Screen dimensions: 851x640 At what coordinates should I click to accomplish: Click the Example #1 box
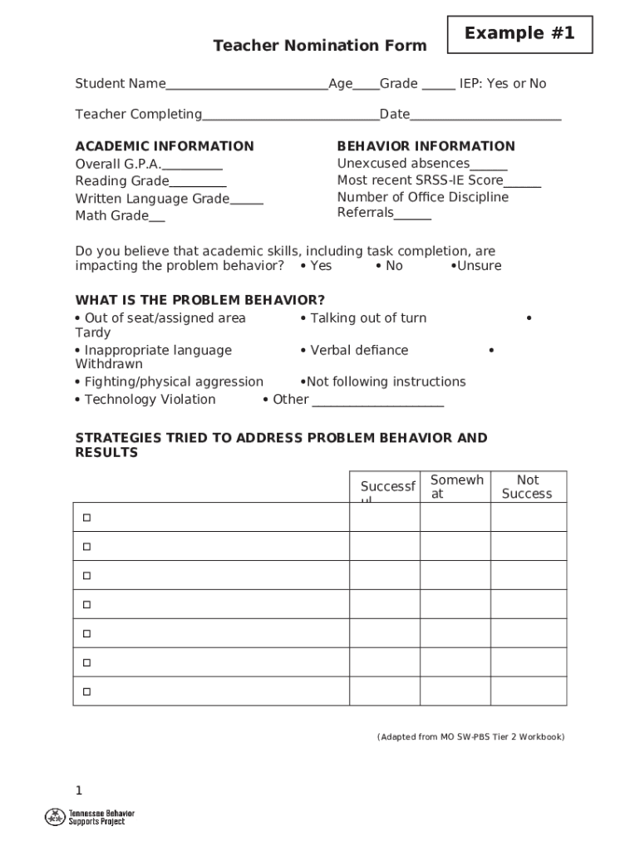pos(519,34)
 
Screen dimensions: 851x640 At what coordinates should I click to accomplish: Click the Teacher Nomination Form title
pos(319,46)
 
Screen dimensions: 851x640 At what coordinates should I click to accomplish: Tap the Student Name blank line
pos(246,85)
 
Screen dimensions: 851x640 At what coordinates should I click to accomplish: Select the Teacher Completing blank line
pos(290,116)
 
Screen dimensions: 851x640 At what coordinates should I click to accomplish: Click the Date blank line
pos(485,116)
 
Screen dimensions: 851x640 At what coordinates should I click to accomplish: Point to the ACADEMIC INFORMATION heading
pos(165,146)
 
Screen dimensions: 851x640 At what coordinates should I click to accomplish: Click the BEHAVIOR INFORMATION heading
pos(426,146)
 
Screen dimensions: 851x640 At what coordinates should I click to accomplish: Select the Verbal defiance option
pos(355,351)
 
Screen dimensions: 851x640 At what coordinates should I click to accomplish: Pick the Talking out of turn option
pos(364,318)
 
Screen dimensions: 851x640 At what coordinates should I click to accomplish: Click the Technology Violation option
pos(145,400)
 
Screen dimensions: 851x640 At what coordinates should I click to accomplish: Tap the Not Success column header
pos(527,487)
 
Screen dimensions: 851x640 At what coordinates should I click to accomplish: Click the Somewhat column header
pos(455,487)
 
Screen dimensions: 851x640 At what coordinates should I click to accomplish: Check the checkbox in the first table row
pos(86,518)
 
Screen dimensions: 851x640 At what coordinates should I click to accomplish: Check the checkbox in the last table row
pos(86,691)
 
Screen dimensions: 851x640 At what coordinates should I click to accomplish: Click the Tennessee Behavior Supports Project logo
pos(90,817)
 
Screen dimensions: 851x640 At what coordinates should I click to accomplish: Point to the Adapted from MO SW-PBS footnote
pos(470,737)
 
